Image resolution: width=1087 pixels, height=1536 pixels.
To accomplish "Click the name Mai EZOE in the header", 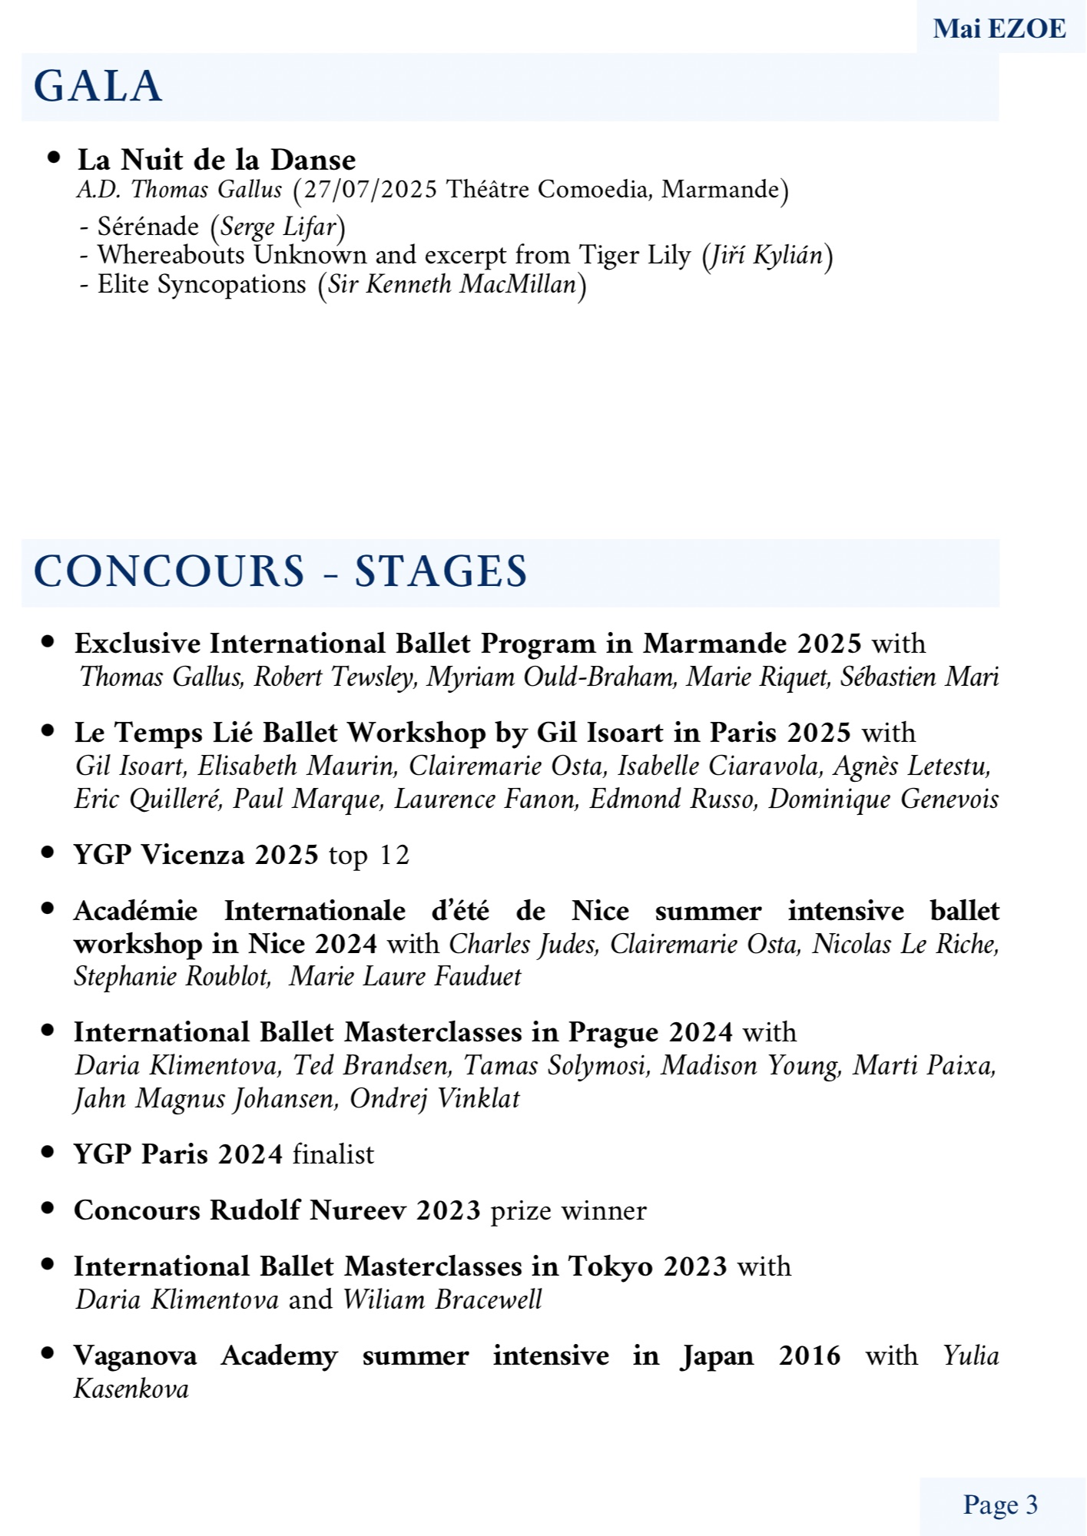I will point(999,29).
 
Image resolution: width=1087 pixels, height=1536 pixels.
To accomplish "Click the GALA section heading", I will point(98,86).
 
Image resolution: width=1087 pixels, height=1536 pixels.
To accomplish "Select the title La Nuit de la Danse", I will point(217,160).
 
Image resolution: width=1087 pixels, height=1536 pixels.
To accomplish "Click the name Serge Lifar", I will point(278,227).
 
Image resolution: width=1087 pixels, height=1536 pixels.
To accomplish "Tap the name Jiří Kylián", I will point(767,255).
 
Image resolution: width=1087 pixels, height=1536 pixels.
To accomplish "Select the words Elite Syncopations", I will point(201,284).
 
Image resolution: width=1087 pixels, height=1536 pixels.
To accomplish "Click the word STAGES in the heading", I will point(440,571).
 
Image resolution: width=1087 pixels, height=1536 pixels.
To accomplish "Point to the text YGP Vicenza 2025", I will point(196,855).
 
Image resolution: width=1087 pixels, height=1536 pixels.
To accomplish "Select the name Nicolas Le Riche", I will point(906,944).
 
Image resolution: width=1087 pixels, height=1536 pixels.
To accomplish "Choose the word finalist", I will point(333,1154).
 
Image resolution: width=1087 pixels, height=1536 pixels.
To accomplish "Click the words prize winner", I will point(568,1210).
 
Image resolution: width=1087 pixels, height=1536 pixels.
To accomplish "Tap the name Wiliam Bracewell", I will point(442,1299).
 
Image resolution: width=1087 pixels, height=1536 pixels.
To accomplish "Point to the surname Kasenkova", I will point(131,1389).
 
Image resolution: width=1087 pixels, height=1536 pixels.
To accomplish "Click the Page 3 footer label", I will point(1000,1505).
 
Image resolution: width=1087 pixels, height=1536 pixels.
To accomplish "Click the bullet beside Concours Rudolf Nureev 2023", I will point(48,1208).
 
